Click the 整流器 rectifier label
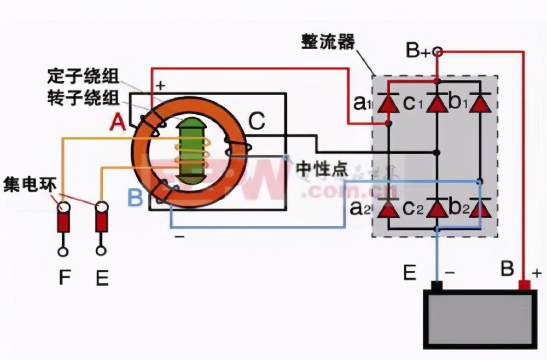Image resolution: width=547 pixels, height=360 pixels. (x=328, y=41)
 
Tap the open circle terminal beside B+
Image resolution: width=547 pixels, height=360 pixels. (x=437, y=52)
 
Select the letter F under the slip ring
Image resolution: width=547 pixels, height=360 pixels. (x=65, y=278)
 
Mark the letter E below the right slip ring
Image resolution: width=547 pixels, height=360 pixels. (x=101, y=278)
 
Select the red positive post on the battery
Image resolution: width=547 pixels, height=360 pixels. (x=524, y=285)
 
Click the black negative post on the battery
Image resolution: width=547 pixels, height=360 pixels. (x=437, y=286)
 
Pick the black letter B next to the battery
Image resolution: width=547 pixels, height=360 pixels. (x=507, y=269)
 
